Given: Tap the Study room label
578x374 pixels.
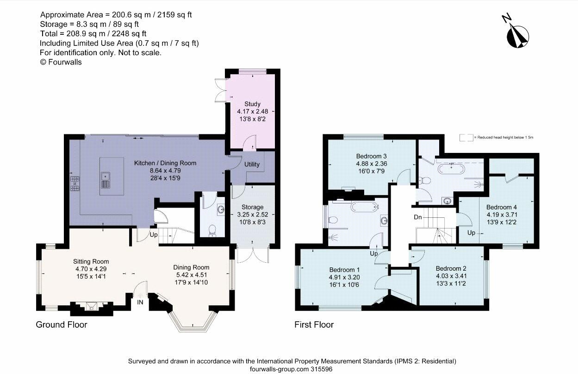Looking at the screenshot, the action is pos(252,104).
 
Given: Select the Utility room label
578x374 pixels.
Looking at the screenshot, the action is pos(252,165).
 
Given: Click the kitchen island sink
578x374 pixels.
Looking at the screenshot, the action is pos(106,180).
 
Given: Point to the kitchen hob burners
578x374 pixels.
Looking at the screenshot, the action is pos(75,184).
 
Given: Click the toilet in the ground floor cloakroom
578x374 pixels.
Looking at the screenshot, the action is pos(212,230).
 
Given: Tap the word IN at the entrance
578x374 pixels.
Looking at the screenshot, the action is pos(140,302).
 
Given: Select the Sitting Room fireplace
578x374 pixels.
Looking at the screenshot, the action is pos(91,306).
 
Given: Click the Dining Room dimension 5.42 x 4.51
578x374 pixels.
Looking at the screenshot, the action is pos(191,275).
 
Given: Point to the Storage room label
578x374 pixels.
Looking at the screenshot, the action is pos(252,207).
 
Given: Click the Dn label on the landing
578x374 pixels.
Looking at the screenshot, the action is pos(418,217).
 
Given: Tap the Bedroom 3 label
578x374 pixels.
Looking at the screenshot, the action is pos(371,156).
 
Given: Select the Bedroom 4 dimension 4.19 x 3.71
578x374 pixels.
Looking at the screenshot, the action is pos(502,215).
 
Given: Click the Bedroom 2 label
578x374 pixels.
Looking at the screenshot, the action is pos(451,268).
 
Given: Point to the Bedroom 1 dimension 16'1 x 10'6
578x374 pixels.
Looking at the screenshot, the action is pos(344,285).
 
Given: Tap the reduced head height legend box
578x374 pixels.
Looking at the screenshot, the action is pos(466,138).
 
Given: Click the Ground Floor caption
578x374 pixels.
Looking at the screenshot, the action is pos(62,324).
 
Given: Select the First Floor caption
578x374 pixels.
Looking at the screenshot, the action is pos(314,324).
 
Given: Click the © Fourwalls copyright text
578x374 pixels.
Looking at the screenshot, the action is pos(61,62).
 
